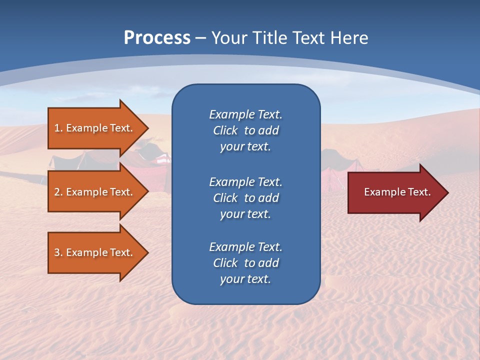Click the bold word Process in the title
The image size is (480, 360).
pyautogui.click(x=157, y=38)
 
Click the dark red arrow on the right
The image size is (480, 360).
pyautogui.click(x=395, y=192)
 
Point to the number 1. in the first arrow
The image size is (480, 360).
pyautogui.click(x=58, y=128)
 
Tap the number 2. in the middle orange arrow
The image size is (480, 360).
pyautogui.click(x=58, y=192)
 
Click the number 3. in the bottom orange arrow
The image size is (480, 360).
pyautogui.click(x=58, y=253)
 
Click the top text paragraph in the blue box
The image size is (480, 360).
pyautogui.click(x=245, y=130)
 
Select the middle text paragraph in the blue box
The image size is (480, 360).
pyautogui.click(x=245, y=197)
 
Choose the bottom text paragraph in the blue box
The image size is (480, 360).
pyautogui.click(x=245, y=263)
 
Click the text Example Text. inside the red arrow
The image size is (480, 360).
pyautogui.click(x=397, y=192)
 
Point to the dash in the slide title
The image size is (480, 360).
pyautogui.click(x=201, y=38)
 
